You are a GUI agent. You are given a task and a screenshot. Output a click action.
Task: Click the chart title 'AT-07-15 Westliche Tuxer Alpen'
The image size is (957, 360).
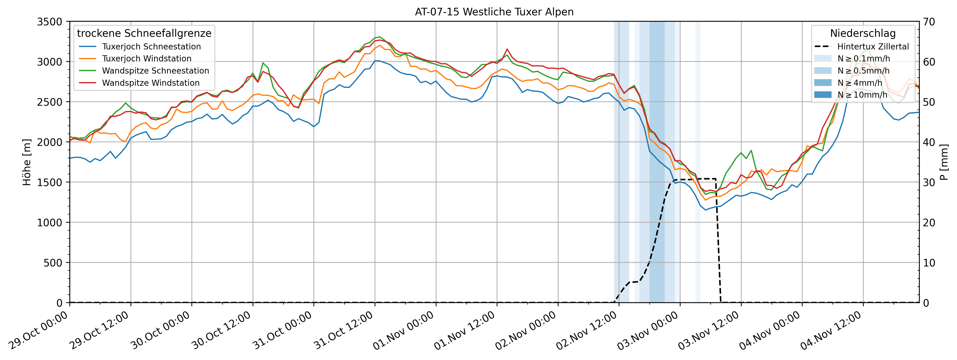click(494, 12)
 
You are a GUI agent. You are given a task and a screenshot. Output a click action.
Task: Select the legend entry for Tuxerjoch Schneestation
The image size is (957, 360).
click(151, 47)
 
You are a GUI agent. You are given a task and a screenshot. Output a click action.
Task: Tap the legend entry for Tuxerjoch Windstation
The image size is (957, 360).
click(146, 59)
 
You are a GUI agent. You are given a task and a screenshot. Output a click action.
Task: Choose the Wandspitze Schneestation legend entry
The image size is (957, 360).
click(155, 71)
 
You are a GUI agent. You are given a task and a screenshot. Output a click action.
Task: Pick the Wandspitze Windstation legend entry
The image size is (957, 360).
click(151, 83)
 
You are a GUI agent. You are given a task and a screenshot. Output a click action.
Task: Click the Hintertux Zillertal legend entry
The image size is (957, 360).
click(873, 47)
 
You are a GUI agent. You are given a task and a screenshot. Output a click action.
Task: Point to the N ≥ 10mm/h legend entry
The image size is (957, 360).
click(862, 95)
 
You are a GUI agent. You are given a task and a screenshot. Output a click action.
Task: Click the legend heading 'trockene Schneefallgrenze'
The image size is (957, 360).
click(144, 33)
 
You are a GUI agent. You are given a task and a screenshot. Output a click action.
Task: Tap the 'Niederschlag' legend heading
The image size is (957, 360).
click(863, 33)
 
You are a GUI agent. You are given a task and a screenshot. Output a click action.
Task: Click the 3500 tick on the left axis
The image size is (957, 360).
click(49, 21)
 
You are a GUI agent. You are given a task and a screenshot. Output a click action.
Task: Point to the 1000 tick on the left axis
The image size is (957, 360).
click(49, 223)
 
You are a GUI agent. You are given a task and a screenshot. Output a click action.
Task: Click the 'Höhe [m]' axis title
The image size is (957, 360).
click(27, 162)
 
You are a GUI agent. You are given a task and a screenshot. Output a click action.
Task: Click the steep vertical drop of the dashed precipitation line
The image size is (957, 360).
click(719, 241)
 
